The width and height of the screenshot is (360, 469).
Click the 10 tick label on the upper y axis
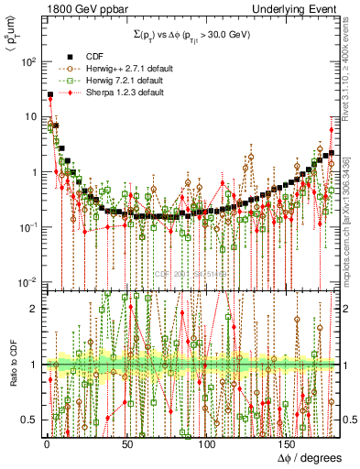pos(29,116)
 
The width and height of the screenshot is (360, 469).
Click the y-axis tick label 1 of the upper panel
pos(33,172)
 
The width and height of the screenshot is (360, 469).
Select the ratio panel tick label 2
pos(34,309)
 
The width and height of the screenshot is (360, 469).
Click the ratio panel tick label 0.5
pos(29,420)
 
